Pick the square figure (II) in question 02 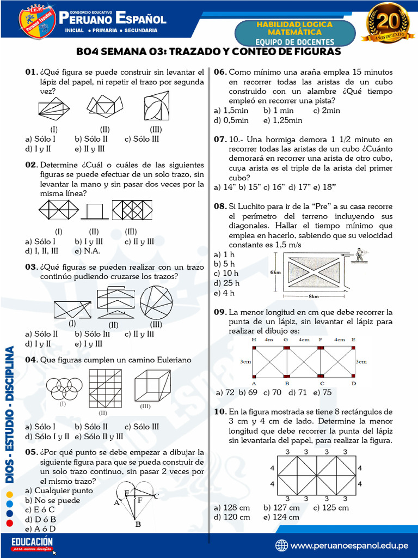95,210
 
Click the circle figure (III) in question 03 156,302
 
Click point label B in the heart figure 138,524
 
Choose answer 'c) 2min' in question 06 327,111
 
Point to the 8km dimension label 314,297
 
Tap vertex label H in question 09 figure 254,339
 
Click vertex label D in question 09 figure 354,383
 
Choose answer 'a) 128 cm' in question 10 232,507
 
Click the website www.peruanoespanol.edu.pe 349,545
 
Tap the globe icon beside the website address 282,545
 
